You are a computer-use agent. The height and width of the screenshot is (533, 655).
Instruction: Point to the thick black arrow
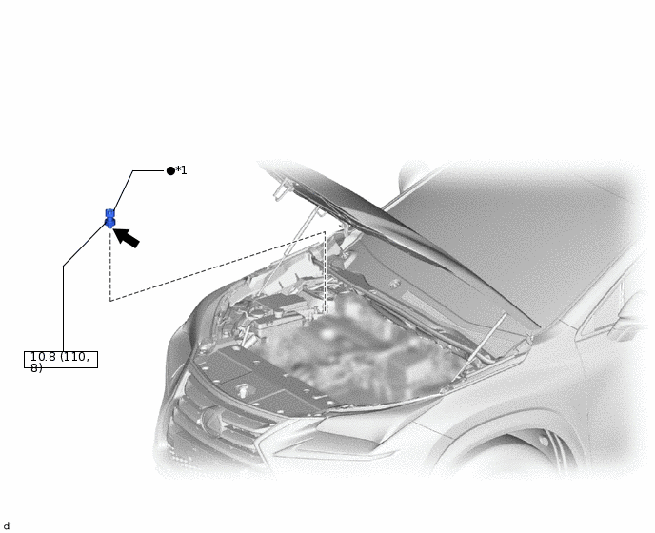127,236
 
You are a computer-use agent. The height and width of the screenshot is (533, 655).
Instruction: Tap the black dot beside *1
170,170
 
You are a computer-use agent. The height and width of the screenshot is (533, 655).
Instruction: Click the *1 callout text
182,170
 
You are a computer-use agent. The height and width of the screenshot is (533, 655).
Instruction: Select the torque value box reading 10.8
61,360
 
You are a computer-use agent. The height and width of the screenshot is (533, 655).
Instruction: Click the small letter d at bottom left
7,526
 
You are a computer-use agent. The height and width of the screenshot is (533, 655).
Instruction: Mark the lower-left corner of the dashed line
110,301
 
